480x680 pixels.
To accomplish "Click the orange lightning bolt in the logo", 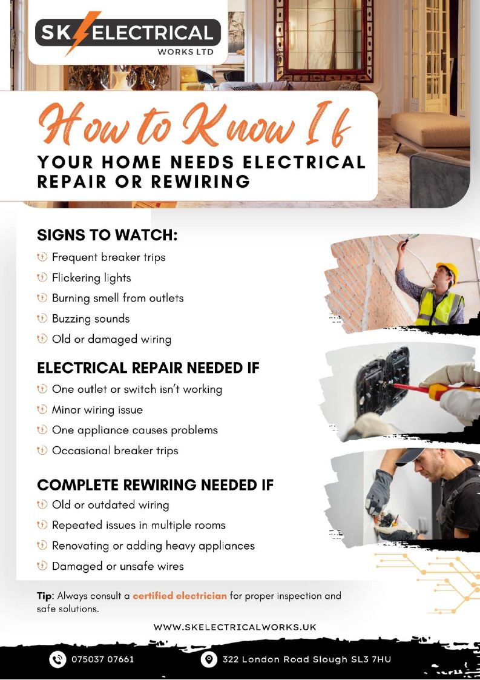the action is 82,33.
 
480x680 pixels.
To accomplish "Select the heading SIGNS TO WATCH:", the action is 108,235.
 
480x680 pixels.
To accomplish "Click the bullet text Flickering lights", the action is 91,277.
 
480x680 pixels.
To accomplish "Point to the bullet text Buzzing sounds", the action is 91,319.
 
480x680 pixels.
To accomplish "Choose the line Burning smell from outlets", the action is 117,298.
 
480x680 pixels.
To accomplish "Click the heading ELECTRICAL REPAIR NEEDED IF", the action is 148,368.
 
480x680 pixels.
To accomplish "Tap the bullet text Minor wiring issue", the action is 97,410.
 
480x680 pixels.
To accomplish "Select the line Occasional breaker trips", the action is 115,451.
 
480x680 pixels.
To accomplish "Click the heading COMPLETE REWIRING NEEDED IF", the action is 155,485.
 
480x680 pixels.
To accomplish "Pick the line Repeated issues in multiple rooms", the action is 139,525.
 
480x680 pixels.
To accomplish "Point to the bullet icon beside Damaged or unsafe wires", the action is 42,566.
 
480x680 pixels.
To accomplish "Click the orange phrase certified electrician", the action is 180,595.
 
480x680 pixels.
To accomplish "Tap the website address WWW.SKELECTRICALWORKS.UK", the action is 235,627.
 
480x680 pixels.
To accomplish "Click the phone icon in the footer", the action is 57,659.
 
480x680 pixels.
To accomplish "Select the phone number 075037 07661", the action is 103,659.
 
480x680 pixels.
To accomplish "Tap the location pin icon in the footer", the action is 209,659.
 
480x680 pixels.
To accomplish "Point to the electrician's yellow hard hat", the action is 448,270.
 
